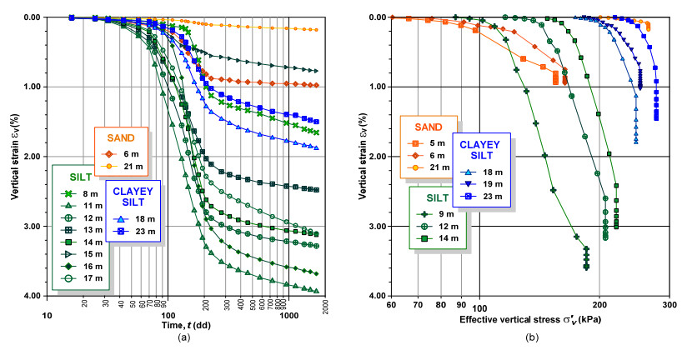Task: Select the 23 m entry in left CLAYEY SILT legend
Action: [x=136, y=230]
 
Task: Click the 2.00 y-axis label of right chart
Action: [x=377, y=157]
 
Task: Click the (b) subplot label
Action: [x=530, y=337]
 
